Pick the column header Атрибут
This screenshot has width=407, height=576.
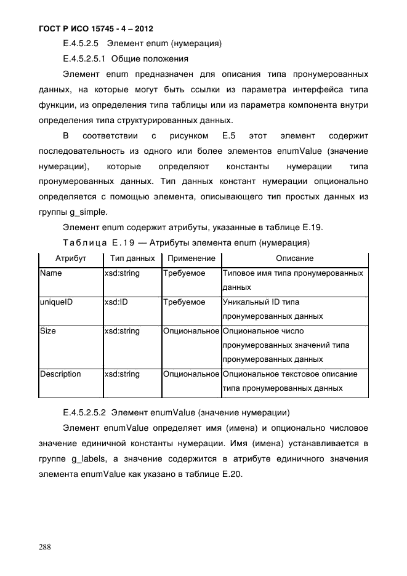[x=70, y=258]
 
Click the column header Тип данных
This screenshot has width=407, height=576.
[x=132, y=258]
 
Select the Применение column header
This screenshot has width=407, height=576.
[x=191, y=258]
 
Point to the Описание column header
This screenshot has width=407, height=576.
[x=294, y=258]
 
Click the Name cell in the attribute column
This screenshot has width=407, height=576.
[x=50, y=273]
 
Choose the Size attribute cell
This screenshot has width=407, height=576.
[x=48, y=331]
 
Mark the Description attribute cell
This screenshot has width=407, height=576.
[x=60, y=374]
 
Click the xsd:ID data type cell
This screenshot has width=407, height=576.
[x=116, y=302]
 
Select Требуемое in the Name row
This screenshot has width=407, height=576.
[x=184, y=273]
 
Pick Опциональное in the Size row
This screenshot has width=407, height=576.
[x=191, y=331]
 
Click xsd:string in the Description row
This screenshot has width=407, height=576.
[x=122, y=374]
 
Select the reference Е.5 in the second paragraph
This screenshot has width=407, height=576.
[x=220, y=135]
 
